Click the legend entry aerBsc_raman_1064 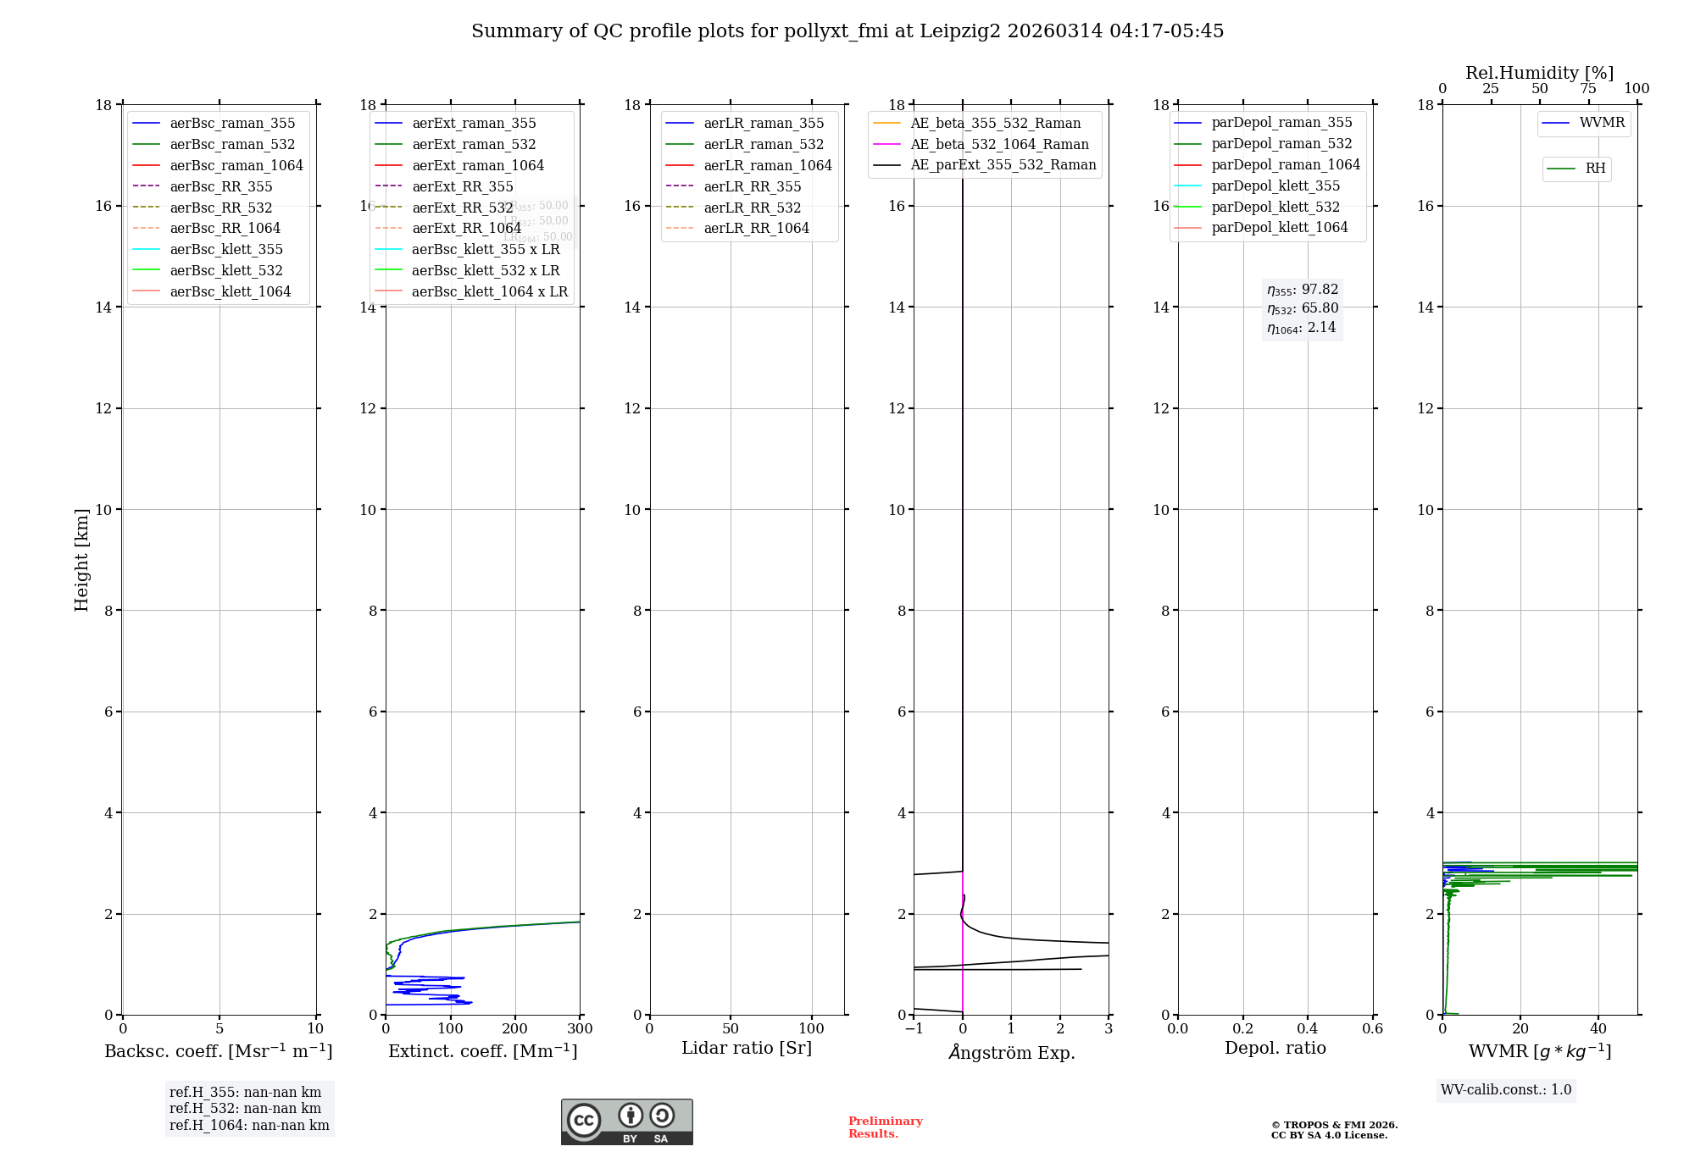(x=236, y=165)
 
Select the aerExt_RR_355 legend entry (x=463, y=186)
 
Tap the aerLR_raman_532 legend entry (x=764, y=144)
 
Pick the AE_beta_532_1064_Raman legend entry (x=999, y=144)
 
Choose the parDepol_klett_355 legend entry (x=1275, y=186)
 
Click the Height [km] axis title (x=81, y=560)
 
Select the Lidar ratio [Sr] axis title (x=747, y=1048)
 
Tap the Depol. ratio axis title (x=1275, y=1048)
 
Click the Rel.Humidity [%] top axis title (x=1539, y=73)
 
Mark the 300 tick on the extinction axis (x=581, y=1029)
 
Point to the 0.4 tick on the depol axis (x=1308, y=1029)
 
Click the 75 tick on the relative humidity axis (x=1588, y=89)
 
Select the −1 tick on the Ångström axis (x=914, y=1029)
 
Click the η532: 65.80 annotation (x=1303, y=308)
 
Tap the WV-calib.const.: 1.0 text (x=1506, y=1090)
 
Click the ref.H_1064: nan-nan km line (x=249, y=1125)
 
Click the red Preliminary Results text (x=885, y=1127)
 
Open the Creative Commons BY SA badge (x=626, y=1122)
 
